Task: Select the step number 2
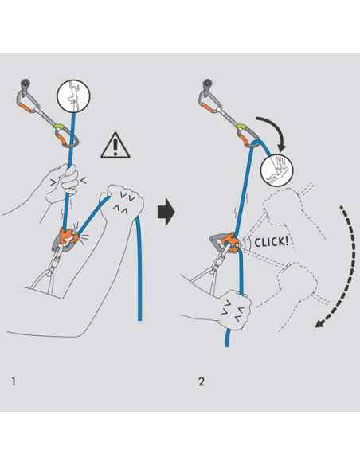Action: pyautogui.click(x=202, y=381)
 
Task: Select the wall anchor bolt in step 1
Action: pyautogui.click(x=26, y=82)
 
